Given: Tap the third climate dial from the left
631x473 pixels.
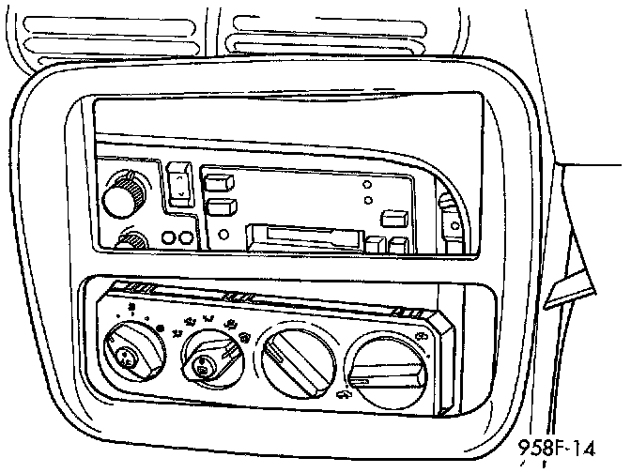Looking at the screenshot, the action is [292, 363].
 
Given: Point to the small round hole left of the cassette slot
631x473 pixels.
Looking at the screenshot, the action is [223, 235].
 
